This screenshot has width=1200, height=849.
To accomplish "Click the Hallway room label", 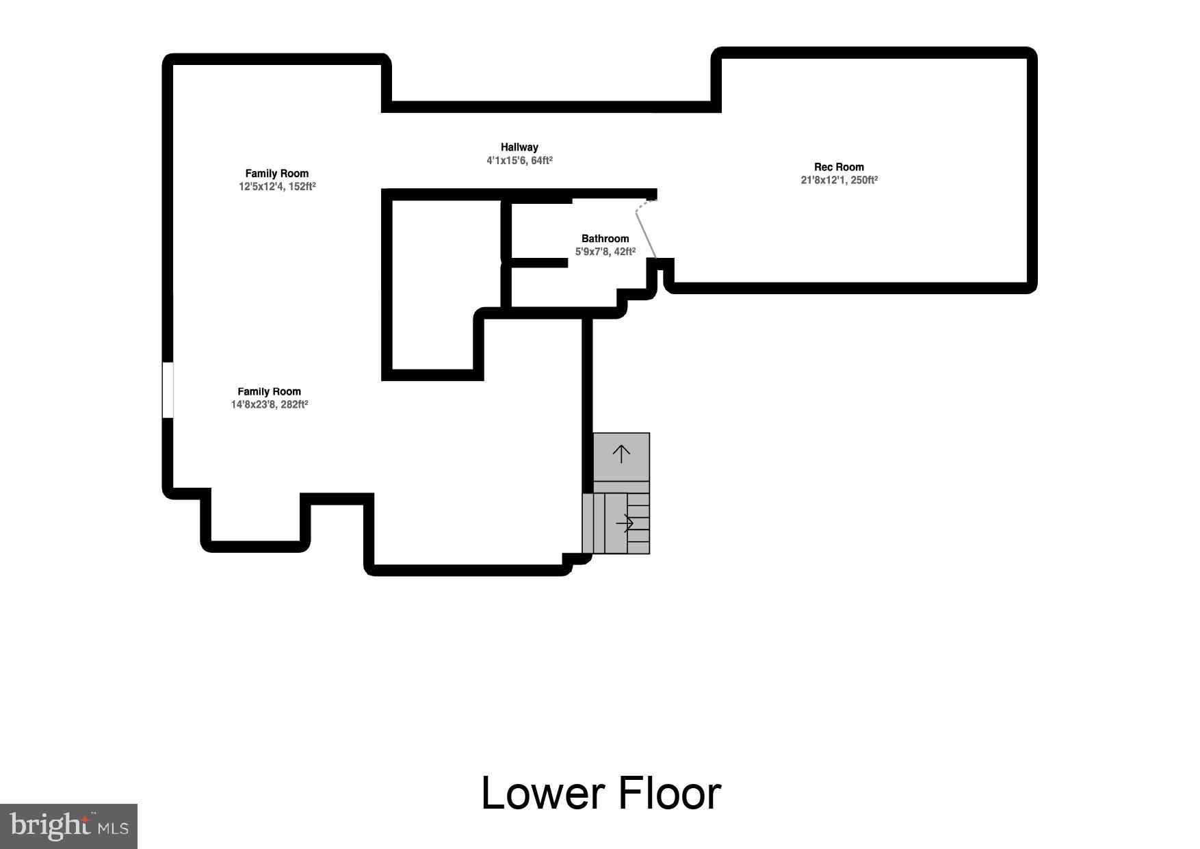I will [519, 147].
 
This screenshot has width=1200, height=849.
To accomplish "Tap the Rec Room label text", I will [839, 167].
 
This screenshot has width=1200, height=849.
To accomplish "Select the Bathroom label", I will [605, 239].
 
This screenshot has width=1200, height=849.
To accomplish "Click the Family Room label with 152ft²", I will [277, 174].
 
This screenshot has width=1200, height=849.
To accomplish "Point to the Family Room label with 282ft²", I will [269, 392].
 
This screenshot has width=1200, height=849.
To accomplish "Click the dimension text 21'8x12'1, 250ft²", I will [839, 181].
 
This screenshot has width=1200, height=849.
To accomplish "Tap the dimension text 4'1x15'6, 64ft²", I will [519, 161].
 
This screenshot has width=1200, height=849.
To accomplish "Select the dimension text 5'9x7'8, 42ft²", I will [605, 252].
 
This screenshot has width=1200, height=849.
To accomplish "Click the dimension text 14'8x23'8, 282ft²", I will [269, 405].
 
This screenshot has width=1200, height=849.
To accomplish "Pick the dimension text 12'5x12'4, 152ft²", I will [277, 187].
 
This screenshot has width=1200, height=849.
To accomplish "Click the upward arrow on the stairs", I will [621, 454].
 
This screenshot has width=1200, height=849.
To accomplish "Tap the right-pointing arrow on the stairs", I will [625, 523].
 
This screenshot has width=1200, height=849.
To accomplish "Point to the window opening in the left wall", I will [168, 390].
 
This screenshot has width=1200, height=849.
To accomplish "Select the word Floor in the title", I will [670, 794].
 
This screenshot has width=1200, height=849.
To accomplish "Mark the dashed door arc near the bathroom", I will [644, 204].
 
